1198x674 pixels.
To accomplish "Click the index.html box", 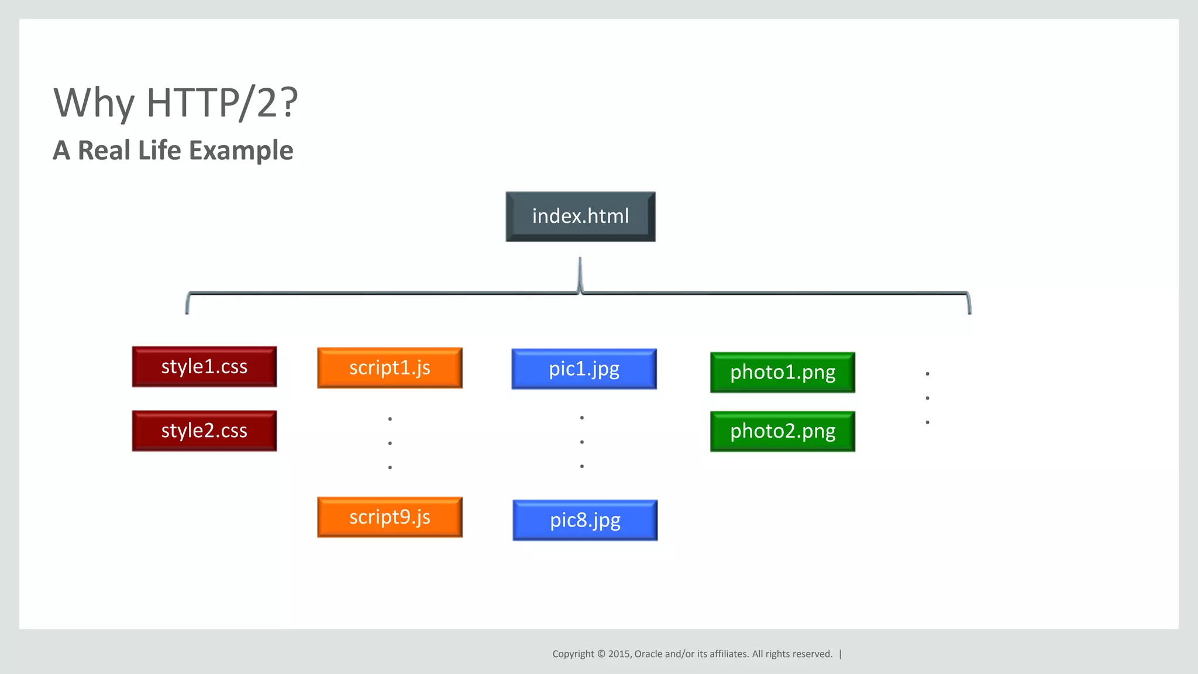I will [x=580, y=216].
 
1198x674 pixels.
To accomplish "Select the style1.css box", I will [x=204, y=367].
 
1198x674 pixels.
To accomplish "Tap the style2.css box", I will [x=204, y=431].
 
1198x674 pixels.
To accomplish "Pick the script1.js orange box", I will [x=390, y=368].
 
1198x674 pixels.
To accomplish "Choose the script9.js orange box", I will [x=390, y=517].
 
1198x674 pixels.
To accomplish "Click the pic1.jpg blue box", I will [x=584, y=369].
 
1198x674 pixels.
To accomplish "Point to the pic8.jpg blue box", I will [x=585, y=520].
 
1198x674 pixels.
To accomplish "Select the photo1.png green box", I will [x=783, y=373].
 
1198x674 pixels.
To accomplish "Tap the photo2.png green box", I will [x=783, y=432].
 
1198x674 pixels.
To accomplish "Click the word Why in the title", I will [x=94, y=104].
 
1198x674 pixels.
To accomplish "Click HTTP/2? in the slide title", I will [x=222, y=104].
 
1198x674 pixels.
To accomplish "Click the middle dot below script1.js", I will [x=390, y=443].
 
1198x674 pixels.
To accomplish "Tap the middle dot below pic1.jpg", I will [x=582, y=442].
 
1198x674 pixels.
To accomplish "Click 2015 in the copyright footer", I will [x=619, y=654].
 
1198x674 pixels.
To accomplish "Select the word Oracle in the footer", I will [x=648, y=654].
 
